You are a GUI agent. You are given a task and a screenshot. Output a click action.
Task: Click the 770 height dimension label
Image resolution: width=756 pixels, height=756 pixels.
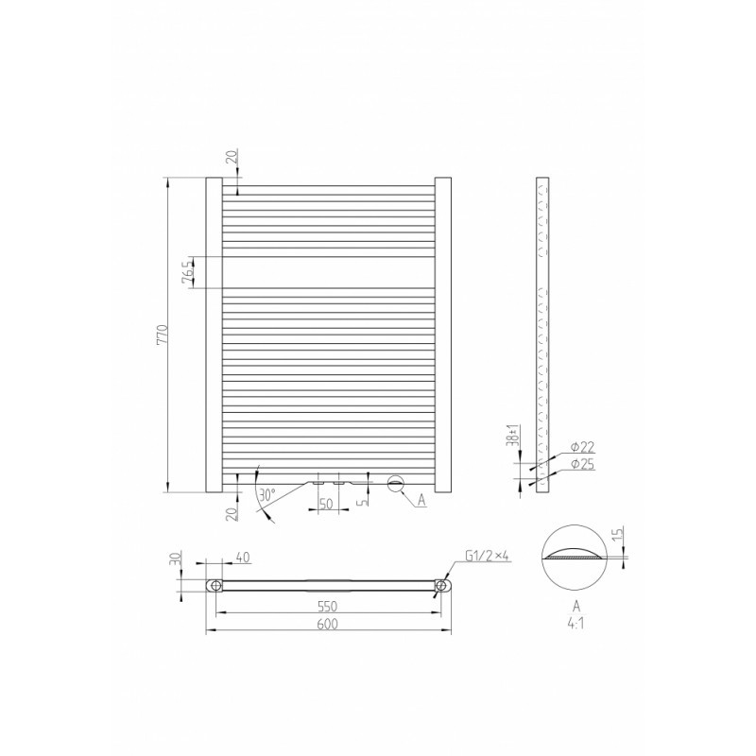163,334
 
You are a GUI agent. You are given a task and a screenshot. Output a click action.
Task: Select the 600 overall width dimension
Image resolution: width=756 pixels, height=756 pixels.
327,624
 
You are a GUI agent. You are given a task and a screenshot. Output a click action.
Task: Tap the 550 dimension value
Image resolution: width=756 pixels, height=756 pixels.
327,606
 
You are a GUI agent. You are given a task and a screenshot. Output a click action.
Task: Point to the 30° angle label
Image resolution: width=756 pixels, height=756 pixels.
266,494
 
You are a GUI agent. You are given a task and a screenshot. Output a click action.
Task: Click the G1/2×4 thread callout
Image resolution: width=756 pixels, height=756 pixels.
487,556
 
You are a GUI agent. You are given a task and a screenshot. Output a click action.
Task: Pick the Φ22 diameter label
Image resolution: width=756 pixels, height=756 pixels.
582,447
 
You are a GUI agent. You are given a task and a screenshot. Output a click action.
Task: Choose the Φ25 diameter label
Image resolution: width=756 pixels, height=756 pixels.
582,464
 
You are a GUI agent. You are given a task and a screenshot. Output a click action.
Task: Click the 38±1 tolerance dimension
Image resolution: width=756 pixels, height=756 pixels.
514,436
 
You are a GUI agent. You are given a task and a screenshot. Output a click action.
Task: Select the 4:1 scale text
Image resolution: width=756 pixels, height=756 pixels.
576,623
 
